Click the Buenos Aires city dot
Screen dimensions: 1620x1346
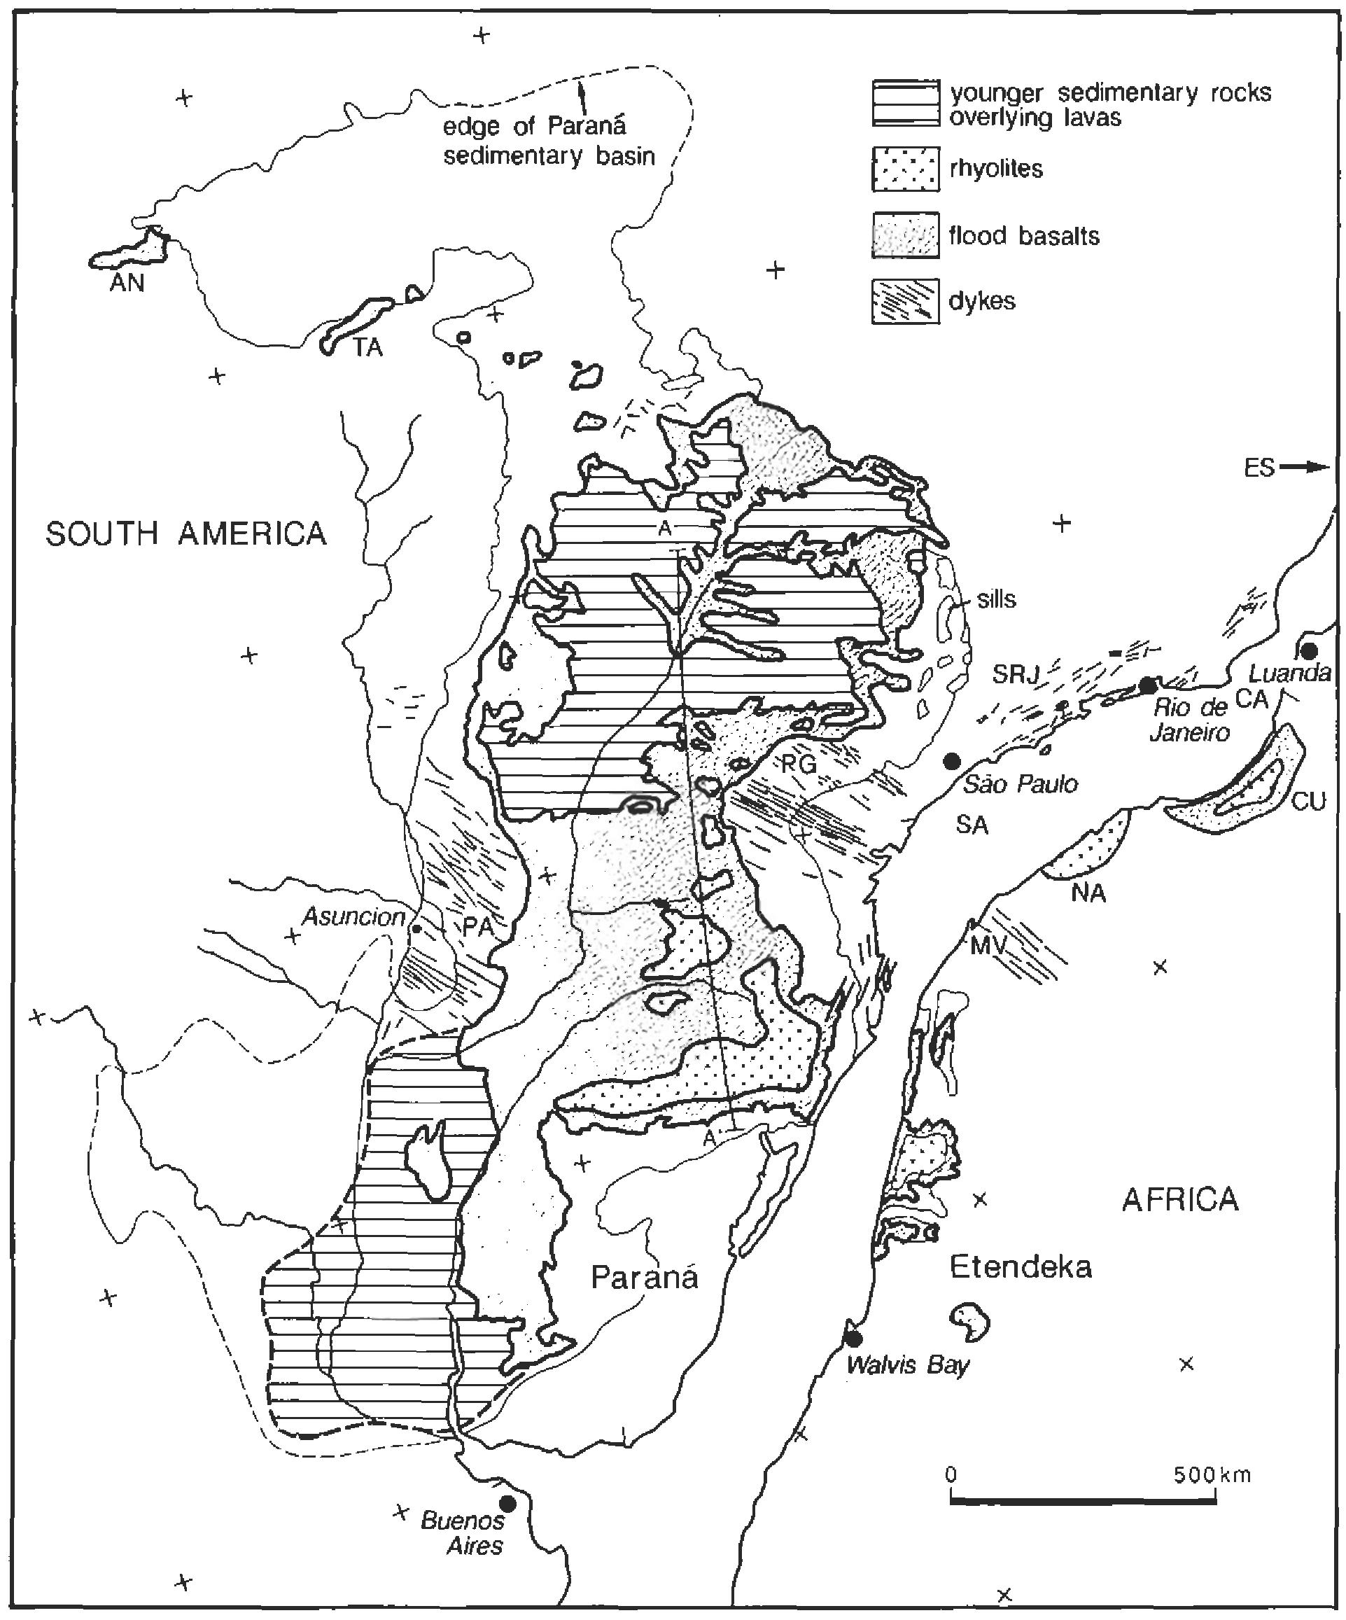[x=507, y=1503]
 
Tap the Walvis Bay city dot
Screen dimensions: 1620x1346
[x=853, y=1338]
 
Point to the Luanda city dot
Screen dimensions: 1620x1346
[x=1309, y=650]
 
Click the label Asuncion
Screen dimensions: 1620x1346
[x=353, y=916]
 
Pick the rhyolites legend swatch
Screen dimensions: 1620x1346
[x=906, y=168]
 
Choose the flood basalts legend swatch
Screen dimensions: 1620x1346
[x=906, y=235]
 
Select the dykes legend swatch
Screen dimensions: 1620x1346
[x=906, y=301]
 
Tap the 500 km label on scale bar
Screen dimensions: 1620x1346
[x=1211, y=1475]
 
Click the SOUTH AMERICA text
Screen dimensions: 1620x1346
[x=186, y=534]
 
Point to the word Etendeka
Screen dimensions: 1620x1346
[x=1020, y=1266]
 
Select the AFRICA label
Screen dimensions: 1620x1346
[x=1180, y=1199]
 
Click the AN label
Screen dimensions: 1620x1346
[x=127, y=283]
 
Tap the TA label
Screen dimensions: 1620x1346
[x=368, y=348]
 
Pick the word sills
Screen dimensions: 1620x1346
[x=996, y=599]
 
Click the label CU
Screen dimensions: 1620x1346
[x=1308, y=802]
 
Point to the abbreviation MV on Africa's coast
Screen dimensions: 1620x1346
[x=989, y=945]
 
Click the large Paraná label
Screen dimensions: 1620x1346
[x=644, y=1278]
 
